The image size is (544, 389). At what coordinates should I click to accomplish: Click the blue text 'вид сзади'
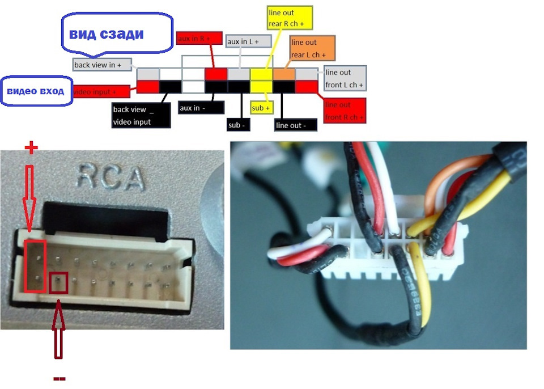click(106, 35)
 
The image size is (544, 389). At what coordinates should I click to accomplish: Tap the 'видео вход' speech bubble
click(35, 91)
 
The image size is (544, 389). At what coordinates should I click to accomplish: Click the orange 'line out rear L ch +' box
click(311, 48)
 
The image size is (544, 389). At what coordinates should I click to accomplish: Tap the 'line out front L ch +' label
click(345, 79)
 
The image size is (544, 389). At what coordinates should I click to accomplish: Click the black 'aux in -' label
click(201, 108)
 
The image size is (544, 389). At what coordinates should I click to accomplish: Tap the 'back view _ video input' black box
click(141, 116)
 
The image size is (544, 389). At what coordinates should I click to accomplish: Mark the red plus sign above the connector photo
click(32, 149)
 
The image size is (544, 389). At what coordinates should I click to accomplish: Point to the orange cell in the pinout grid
click(284, 74)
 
